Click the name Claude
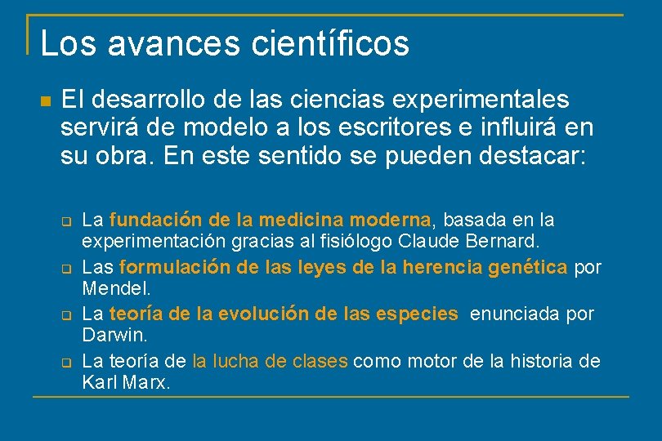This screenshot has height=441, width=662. [428, 241]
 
